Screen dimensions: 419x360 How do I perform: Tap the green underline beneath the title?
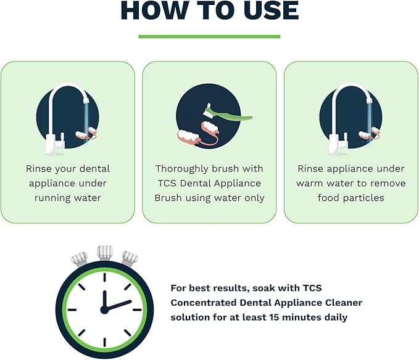(x=209, y=36)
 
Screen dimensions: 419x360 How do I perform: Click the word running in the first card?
(x=52, y=198)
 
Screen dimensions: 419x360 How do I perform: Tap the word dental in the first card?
(x=95, y=169)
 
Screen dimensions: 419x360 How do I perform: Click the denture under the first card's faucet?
(x=86, y=133)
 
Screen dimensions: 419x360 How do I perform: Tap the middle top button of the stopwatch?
(x=105, y=252)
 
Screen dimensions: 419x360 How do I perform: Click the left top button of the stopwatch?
(x=80, y=259)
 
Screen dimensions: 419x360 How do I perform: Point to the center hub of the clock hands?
(x=104, y=310)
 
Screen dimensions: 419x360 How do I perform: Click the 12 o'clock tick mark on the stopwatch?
(x=104, y=277)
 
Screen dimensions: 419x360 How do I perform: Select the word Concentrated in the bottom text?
(x=204, y=303)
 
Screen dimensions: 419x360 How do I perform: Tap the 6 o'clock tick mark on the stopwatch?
(x=104, y=342)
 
